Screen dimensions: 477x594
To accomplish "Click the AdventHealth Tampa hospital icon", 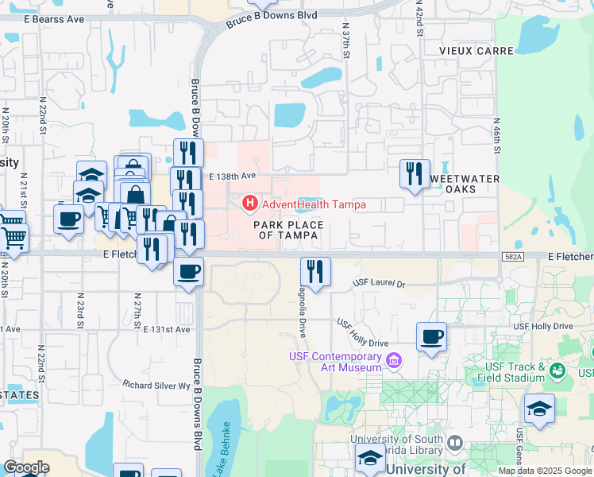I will click(x=249, y=204).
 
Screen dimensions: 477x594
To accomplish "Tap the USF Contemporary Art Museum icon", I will click(x=392, y=363).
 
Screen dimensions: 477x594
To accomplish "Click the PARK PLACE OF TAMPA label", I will click(x=289, y=230).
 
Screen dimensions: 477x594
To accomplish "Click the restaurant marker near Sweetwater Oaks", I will click(x=414, y=174).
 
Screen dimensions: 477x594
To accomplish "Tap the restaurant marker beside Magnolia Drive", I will click(x=315, y=272).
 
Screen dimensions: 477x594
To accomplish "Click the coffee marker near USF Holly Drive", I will click(x=431, y=336).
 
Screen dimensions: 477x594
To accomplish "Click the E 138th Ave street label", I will click(x=233, y=176).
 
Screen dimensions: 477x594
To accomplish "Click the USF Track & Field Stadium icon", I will click(x=557, y=371).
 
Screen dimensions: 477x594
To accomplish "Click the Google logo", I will click(x=26, y=467).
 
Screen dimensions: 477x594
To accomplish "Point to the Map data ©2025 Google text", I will click(x=545, y=471).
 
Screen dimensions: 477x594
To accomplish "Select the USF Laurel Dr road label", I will click(x=379, y=283).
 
